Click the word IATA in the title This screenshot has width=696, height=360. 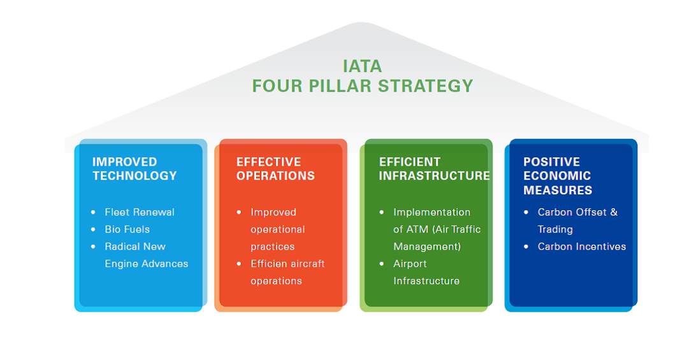362,66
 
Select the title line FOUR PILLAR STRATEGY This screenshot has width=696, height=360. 362,85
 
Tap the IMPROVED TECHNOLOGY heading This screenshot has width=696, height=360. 134,169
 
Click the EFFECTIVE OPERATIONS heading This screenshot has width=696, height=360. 275,169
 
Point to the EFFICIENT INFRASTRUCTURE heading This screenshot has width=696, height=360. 434,169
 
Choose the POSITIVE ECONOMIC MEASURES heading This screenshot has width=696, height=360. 558,176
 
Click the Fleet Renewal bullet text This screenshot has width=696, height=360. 140,212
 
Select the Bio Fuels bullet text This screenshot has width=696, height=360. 127,229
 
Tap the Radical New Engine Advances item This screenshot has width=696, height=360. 146,255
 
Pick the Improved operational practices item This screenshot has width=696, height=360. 278,229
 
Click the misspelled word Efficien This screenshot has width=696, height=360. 270,264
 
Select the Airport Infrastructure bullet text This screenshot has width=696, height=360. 426,272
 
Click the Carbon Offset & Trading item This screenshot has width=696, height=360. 577,220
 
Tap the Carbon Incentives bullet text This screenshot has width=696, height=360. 582,247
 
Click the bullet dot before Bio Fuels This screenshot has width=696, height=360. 93,229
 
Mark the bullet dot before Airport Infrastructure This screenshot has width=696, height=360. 382,264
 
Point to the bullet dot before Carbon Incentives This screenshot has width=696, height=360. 526,247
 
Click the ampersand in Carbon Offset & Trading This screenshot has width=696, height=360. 614,212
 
